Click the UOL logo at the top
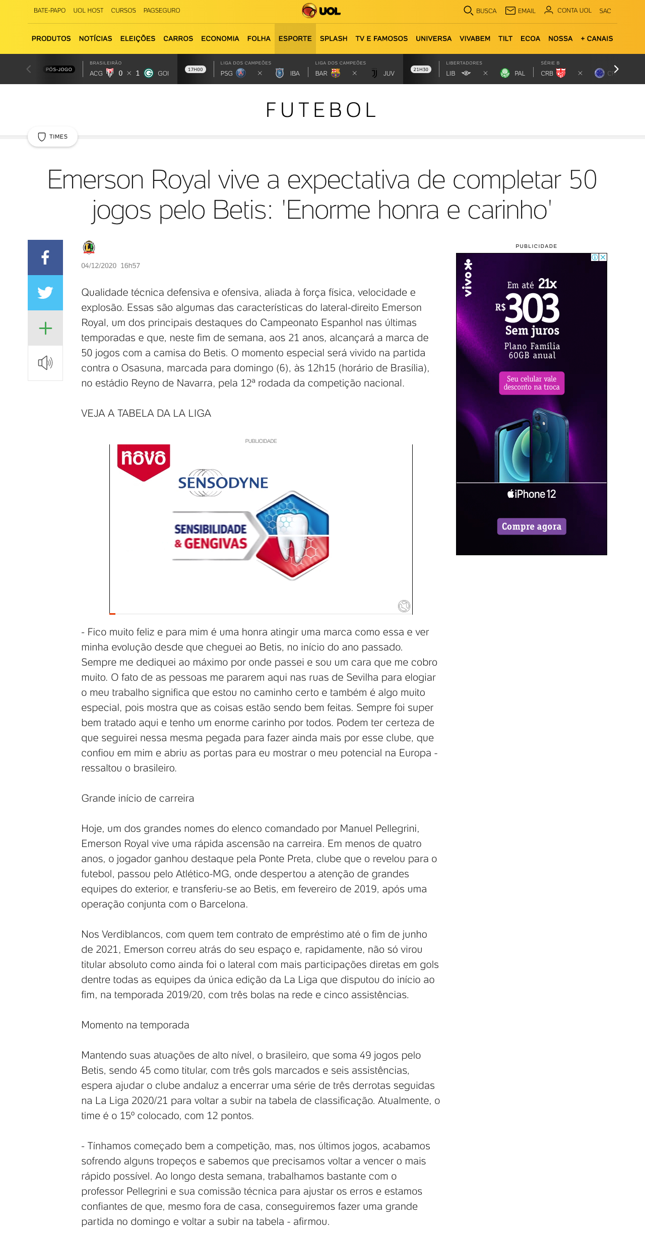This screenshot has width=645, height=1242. pos(321,11)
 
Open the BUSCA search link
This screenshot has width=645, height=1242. pos(480,11)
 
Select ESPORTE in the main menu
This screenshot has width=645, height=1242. pos(295,39)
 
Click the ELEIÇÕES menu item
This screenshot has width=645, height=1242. pos(138,39)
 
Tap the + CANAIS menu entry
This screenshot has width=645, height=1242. pos(597,39)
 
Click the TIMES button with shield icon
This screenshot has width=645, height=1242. pos(53,137)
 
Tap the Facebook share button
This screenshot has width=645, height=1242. pos(45,257)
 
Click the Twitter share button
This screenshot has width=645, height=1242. pos(45,293)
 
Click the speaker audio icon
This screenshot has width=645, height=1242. pos(45,363)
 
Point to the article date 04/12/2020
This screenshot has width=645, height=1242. pos(99,266)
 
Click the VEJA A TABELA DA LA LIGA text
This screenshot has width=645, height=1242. pos(146,413)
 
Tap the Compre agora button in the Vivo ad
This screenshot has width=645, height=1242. pos(531,527)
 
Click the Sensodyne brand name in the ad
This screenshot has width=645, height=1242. pos(223,483)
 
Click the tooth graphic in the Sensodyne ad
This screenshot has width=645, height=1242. pos(293,536)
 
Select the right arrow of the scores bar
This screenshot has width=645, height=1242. pos(616,69)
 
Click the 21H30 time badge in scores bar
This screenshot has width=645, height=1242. pos(421,70)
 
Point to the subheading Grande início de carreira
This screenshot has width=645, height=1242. pos(138,798)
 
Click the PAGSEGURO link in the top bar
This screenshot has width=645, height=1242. pos(162,11)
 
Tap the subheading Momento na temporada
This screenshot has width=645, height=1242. pos(135,1025)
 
